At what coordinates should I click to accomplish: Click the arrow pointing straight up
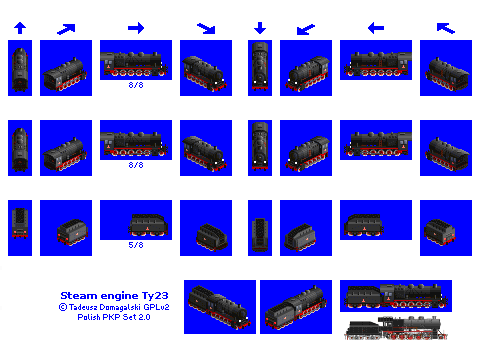[x=20, y=28]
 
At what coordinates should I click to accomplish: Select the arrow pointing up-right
[x=66, y=29]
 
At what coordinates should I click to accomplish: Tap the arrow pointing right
[x=136, y=28]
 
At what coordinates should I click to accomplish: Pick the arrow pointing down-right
[x=206, y=28]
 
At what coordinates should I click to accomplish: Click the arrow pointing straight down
[x=260, y=28]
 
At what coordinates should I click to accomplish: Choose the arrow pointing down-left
[x=306, y=29]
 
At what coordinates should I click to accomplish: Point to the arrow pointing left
[x=376, y=28]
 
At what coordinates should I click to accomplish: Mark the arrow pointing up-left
[x=446, y=28]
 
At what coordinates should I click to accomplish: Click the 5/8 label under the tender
[x=136, y=245]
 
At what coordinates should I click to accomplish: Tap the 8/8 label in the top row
[x=136, y=85]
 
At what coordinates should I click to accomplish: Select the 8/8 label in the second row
[x=136, y=165]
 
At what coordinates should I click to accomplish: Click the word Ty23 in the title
[x=155, y=296]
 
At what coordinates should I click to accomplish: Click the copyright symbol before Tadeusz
[x=63, y=307]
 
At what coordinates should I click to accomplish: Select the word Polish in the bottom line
[x=89, y=317]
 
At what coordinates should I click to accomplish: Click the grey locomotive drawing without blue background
[x=396, y=328]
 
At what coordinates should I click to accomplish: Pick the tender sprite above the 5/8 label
[x=148, y=225]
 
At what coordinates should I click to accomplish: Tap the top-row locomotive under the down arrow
[x=260, y=66]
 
